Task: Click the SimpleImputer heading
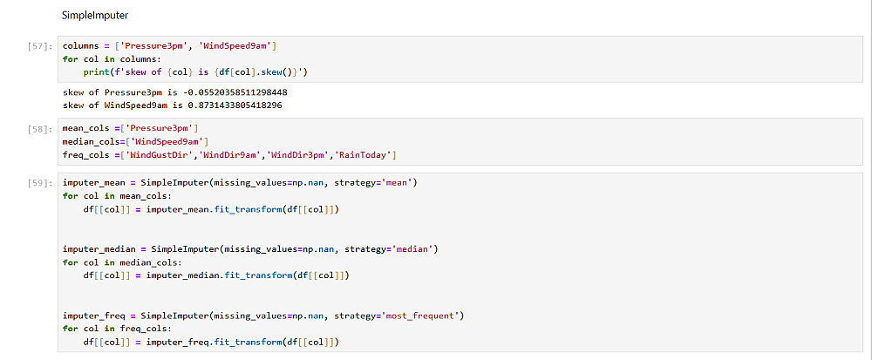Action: point(95,16)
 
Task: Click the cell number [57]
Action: point(40,46)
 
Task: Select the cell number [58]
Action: point(40,128)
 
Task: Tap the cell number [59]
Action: point(40,182)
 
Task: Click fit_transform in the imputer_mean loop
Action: point(253,209)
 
